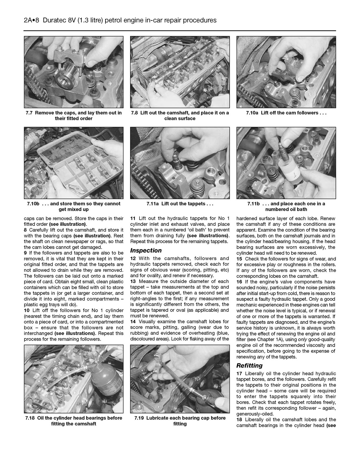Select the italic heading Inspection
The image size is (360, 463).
tap(146, 251)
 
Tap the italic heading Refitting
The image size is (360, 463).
tap(249, 366)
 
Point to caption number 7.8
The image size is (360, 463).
tap(134, 113)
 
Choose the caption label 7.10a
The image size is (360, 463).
tap(252, 113)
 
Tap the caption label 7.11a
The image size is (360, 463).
tap(153, 204)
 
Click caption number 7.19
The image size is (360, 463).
tap(139, 418)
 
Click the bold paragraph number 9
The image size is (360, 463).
tap(25, 253)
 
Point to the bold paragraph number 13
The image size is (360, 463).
tap(133, 282)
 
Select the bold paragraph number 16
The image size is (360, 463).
tap(239, 282)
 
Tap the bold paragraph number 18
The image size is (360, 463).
tap(239, 420)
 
